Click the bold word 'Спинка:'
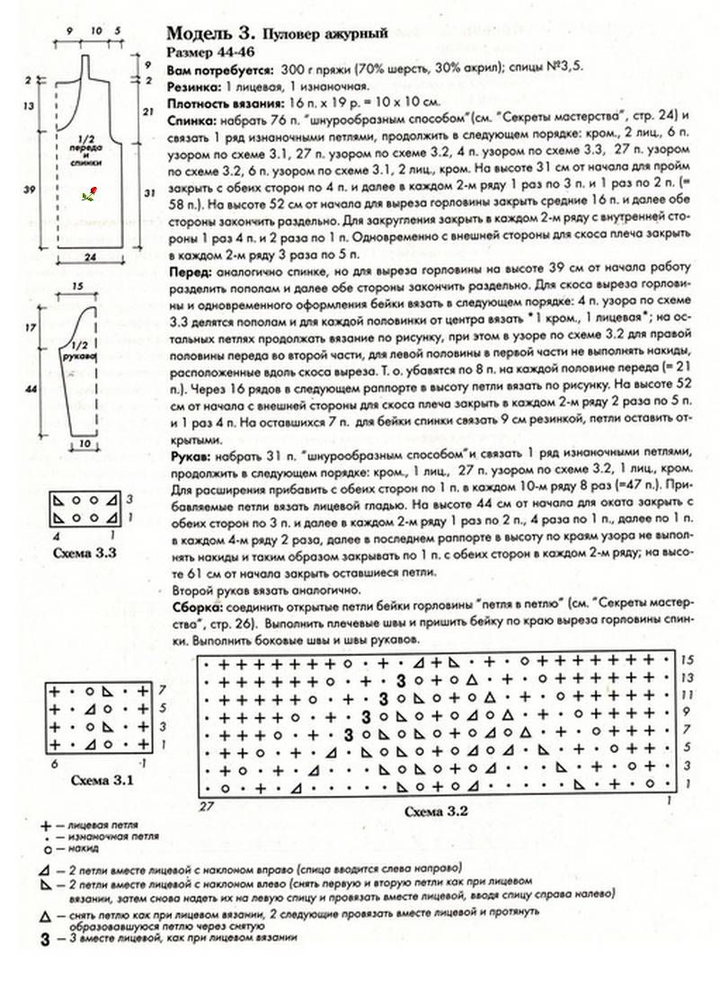pyautogui.click(x=191, y=120)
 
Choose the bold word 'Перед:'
pyautogui.click(x=189, y=271)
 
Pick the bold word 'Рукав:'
pyautogui.click(x=189, y=456)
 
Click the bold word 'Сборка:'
pyautogui.click(x=192, y=608)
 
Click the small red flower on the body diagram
pyautogui.click(x=88, y=194)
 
